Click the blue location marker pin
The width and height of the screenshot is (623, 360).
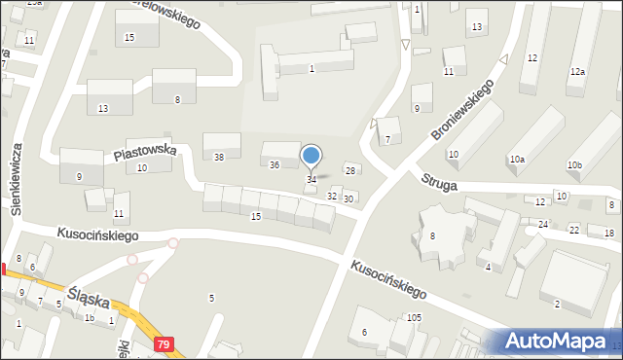point(311,156)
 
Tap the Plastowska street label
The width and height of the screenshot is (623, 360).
point(144,152)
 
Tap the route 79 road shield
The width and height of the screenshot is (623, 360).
point(165,344)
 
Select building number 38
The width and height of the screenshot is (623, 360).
point(219,157)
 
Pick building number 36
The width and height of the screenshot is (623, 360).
point(275,164)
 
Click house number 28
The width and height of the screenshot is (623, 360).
point(350,170)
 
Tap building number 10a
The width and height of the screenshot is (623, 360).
point(516,159)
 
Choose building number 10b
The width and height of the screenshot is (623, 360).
point(575,164)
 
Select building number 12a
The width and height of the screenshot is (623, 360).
point(578,72)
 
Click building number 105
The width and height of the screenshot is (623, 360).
point(414,318)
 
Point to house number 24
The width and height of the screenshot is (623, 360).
point(543,225)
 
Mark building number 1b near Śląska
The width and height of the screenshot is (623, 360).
point(89,317)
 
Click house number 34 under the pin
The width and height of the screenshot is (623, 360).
point(311,179)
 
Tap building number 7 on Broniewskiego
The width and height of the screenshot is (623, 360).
point(386,139)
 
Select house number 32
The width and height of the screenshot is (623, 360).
point(331,197)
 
